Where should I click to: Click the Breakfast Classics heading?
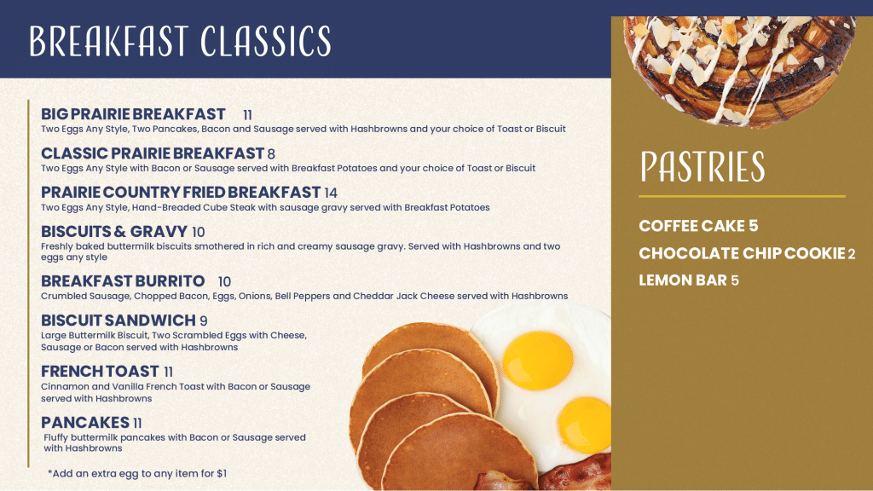181,41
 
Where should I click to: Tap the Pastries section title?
702,166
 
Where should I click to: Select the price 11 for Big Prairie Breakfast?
247,115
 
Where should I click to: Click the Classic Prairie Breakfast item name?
152,153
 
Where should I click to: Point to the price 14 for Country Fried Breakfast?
331,193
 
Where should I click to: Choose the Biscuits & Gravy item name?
114,231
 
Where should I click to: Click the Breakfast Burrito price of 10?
224,281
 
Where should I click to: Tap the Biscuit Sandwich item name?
118,321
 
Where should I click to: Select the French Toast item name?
101,372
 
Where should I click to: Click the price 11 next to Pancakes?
137,423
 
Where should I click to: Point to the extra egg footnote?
137,473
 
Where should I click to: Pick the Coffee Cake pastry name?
691,225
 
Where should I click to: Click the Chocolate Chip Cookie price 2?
852,254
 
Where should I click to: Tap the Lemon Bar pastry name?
683,280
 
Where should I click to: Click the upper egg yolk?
538,361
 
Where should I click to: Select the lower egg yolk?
585,425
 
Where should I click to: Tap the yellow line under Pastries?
743,197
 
